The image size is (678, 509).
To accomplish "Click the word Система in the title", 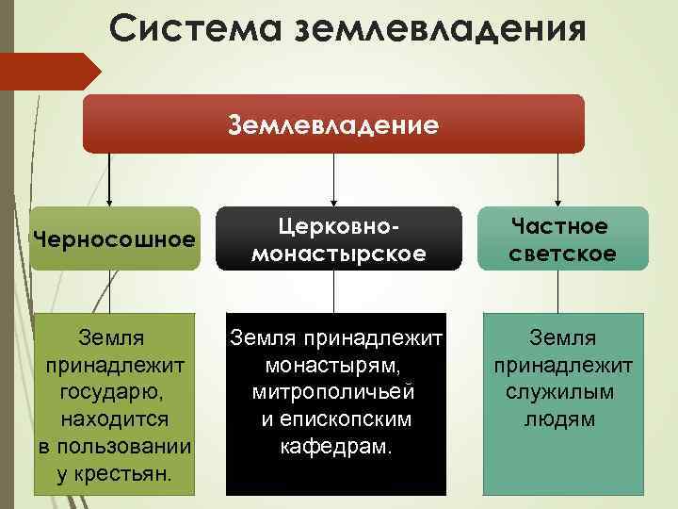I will tap(191, 27).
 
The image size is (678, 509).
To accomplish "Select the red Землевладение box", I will tap(333, 123).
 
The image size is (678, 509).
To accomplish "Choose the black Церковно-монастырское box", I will tap(334, 239).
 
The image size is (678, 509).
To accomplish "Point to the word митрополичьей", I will tap(333, 390).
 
